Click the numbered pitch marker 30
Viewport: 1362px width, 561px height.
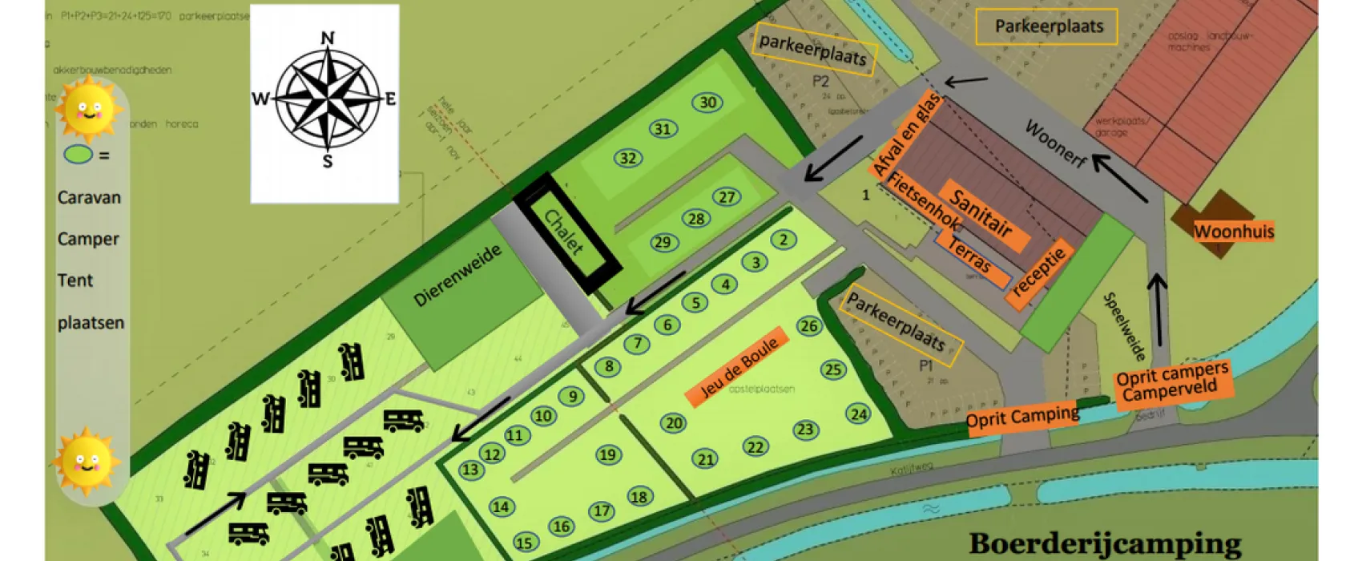707,103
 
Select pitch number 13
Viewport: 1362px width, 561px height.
469,470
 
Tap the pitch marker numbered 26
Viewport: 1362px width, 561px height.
809,325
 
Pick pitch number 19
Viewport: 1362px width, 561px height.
608,455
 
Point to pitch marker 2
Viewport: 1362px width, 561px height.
784,240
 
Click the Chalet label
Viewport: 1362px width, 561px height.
564,232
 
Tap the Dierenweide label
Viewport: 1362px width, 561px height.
457,276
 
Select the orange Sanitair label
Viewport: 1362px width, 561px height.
980,213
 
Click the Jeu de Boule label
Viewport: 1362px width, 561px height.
739,368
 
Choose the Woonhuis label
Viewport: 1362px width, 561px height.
1233,232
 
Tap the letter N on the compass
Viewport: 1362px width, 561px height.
327,38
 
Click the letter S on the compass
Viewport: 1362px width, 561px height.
327,162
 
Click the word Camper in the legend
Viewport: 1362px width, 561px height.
88,239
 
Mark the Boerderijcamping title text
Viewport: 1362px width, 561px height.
1105,543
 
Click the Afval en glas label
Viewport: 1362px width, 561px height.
906,134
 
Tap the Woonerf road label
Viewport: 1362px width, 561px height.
1056,144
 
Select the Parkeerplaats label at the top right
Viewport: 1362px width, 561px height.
1049,27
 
